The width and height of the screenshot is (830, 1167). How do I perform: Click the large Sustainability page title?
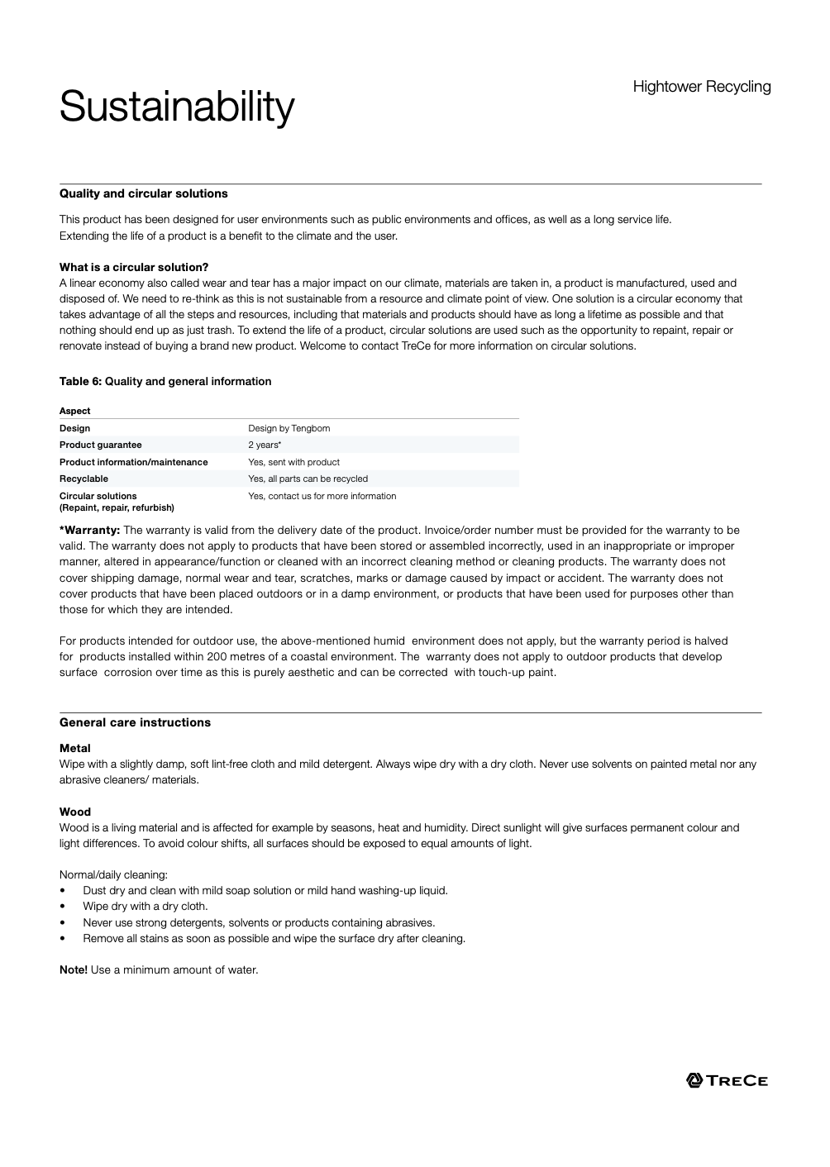click(176, 107)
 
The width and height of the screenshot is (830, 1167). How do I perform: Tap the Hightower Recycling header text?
click(701, 87)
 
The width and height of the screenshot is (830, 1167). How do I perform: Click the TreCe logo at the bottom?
click(727, 1080)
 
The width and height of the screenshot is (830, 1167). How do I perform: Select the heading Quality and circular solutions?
click(143, 193)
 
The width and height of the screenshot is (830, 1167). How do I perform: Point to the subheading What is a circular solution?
click(134, 267)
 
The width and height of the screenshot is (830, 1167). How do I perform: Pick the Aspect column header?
click(75, 411)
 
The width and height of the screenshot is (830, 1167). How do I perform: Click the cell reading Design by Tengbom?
click(289, 428)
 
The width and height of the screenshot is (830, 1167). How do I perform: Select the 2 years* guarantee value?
click(265, 445)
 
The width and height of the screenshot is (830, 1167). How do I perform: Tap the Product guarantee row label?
click(100, 445)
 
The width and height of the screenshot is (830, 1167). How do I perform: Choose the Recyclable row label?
click(83, 479)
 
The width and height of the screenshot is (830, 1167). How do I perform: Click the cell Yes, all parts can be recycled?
click(308, 479)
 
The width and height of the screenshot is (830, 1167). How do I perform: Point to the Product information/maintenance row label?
click(133, 462)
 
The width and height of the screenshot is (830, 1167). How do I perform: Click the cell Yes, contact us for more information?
click(322, 496)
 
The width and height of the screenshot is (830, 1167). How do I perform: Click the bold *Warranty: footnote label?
click(90, 531)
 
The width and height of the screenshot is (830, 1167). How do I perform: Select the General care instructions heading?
click(135, 722)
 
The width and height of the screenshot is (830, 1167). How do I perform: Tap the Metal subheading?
click(75, 748)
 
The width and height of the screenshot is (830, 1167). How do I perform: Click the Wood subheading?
click(75, 812)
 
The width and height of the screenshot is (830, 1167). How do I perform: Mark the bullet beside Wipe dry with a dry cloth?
click(63, 907)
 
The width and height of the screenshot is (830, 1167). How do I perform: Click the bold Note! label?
click(74, 969)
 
